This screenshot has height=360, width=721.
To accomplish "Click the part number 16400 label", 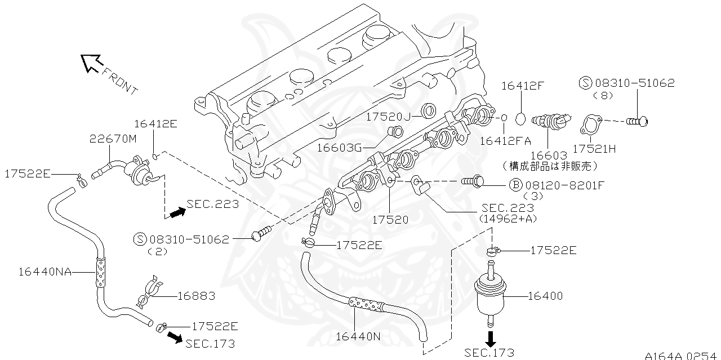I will (x=546, y=296).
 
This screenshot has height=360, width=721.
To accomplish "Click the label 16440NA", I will (x=44, y=272).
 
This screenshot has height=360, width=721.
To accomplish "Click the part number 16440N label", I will (x=358, y=336).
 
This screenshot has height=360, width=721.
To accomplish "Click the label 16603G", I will (x=339, y=148).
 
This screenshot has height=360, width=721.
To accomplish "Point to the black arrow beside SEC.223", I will (x=177, y=212).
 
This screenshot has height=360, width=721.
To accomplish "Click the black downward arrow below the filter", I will (x=491, y=339).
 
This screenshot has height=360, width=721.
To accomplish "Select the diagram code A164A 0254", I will (x=682, y=355).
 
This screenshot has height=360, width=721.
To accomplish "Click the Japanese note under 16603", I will (x=550, y=166).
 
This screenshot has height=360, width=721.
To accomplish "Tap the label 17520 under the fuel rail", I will (x=390, y=220).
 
